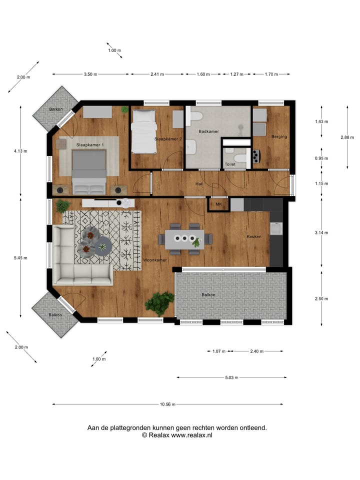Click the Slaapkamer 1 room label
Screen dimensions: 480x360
90,144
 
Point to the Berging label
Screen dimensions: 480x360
278,136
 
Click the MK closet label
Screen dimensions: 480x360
218,204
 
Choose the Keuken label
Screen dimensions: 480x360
253,236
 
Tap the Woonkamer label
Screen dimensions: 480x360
154,260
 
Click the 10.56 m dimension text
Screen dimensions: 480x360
167,404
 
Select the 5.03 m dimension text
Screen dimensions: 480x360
230,377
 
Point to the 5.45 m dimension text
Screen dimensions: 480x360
20,258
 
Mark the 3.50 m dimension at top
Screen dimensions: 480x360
90,74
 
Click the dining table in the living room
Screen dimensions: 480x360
185,239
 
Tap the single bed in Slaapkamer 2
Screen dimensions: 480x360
144,132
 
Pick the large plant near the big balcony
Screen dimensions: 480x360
159,303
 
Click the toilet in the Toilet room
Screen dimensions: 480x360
241,159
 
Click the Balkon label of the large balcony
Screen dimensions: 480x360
208,295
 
